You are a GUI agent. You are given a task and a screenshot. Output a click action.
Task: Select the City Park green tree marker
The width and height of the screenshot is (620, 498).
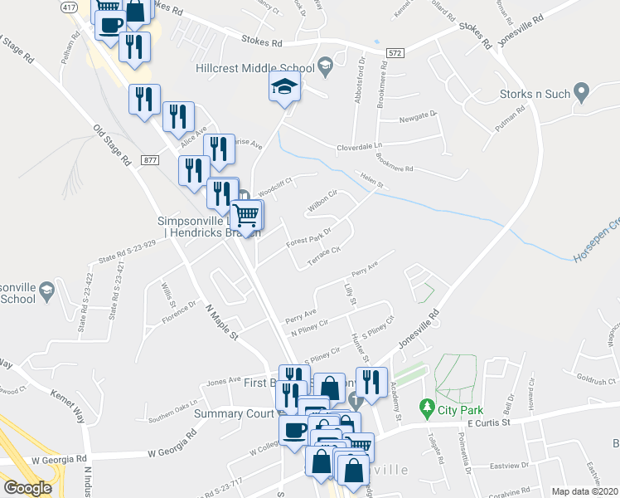click(428, 408)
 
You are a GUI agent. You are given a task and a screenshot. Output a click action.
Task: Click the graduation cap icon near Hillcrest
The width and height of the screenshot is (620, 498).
click(284, 86)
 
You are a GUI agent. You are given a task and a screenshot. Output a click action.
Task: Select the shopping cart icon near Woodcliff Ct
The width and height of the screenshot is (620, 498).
click(247, 215)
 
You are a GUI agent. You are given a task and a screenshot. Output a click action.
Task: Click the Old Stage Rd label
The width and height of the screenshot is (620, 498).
click(113, 146)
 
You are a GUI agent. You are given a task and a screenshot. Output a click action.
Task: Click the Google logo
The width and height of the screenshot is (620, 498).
click(27, 488)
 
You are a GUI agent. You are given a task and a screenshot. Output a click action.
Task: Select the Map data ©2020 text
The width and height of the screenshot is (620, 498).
click(584, 491)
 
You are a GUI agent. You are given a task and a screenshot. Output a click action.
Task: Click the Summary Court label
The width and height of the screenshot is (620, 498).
click(234, 413)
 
